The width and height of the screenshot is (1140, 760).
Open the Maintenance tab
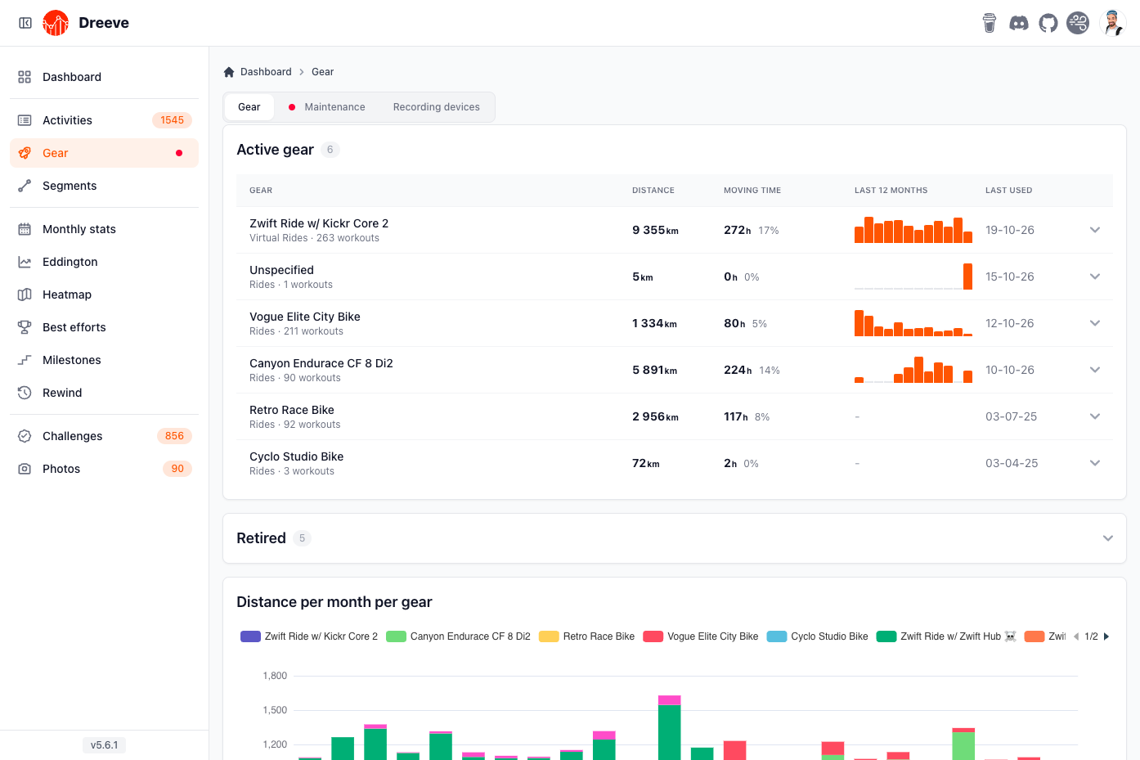(327, 107)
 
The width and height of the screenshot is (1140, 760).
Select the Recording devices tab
(436, 107)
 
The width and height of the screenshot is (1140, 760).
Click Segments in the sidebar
(70, 186)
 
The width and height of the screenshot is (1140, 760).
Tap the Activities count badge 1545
(172, 120)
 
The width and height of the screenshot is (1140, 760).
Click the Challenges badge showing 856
(174, 436)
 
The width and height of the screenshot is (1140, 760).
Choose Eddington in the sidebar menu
(70, 262)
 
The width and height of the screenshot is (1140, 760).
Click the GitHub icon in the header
(1048, 23)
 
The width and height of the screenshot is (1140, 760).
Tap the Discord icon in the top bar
(1018, 23)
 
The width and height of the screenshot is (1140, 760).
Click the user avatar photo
(1112, 23)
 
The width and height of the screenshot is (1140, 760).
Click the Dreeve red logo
(56, 23)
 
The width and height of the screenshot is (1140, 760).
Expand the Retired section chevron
(1108, 538)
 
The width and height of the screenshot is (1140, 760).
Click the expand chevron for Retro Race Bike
(1095, 416)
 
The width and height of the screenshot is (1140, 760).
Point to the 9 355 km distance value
(655, 230)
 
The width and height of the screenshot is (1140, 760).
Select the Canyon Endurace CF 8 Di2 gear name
(321, 363)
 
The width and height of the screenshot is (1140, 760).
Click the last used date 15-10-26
(1009, 277)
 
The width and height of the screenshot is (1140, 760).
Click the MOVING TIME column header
(752, 191)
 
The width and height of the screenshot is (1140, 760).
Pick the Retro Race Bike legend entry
(587, 636)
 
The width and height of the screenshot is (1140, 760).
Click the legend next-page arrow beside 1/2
(1106, 636)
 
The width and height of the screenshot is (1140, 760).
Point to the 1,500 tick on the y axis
(275, 710)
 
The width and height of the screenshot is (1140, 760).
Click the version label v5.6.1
(104, 745)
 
